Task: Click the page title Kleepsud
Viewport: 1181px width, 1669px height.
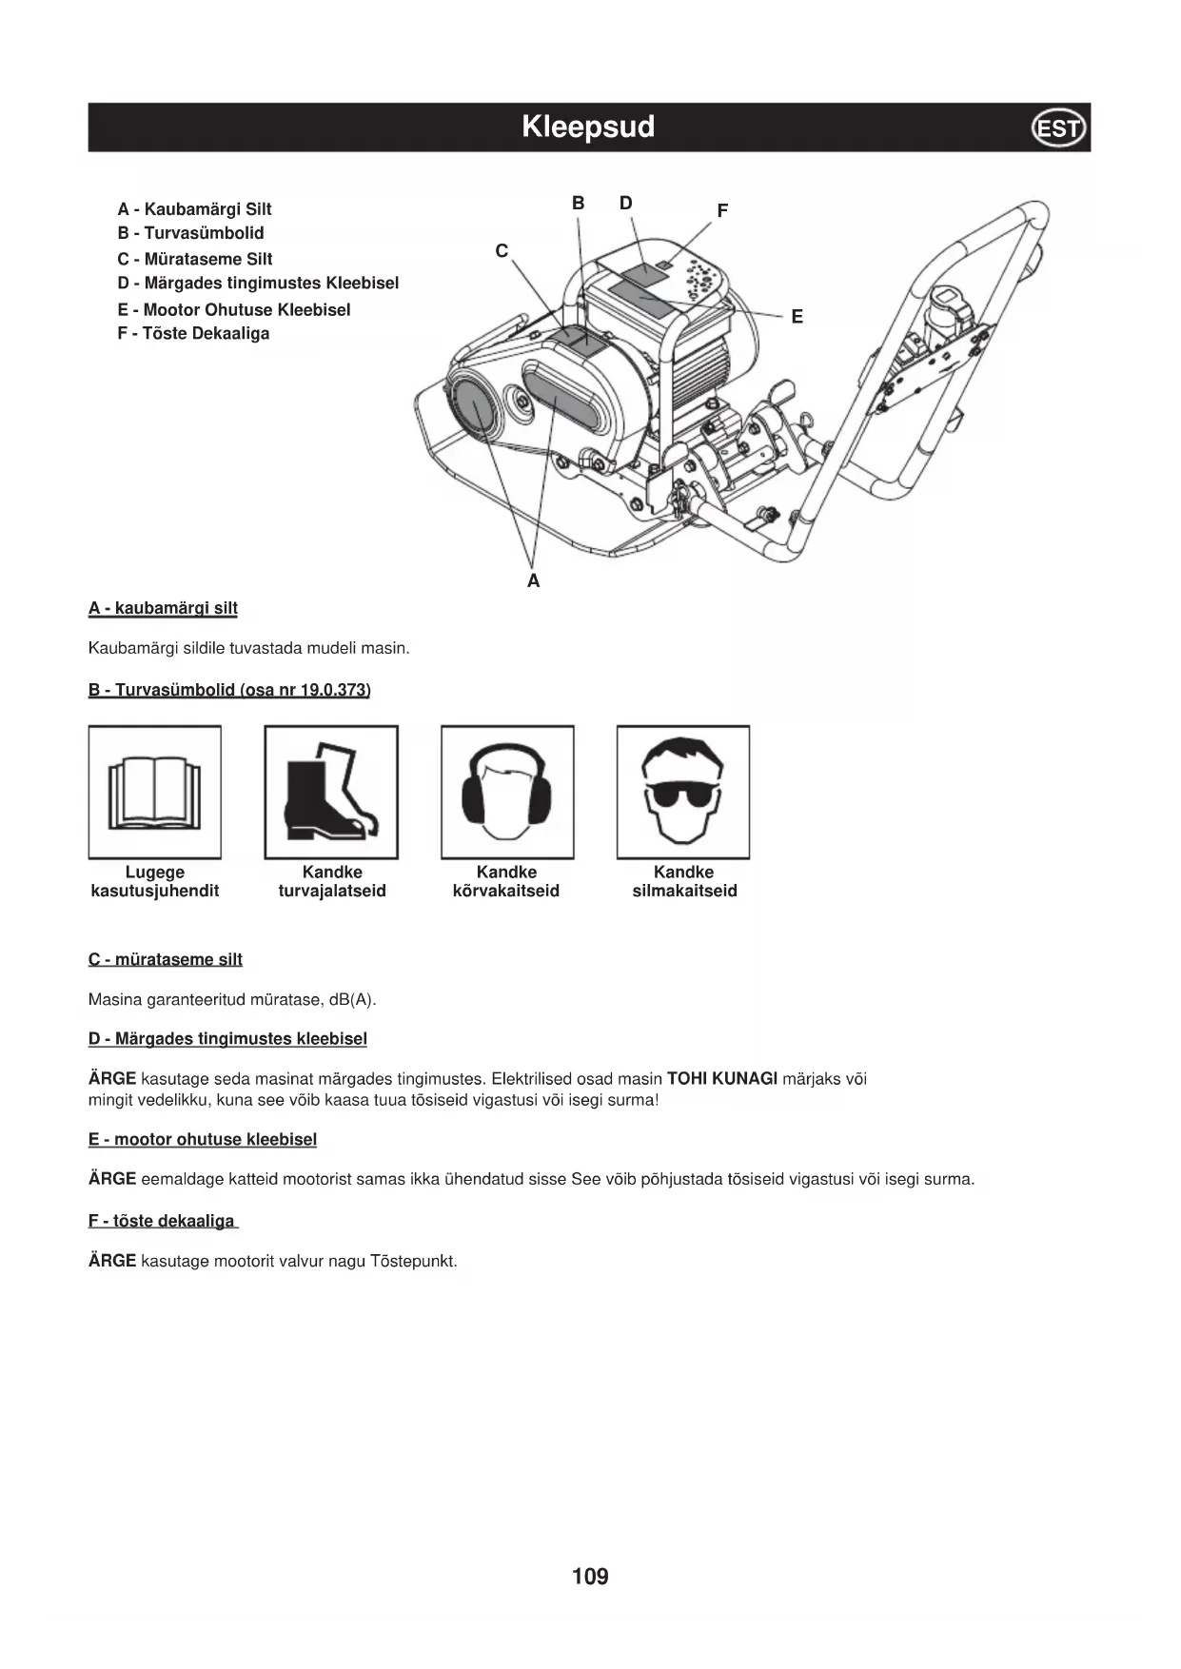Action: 588,127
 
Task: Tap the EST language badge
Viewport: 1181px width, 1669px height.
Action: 1058,128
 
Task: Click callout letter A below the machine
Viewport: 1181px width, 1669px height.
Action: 533,580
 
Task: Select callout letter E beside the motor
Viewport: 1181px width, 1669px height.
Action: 797,317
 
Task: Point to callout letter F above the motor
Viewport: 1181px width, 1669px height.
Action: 722,210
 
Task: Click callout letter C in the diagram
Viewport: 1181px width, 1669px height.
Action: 502,251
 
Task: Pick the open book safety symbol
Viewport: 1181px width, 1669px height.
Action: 155,793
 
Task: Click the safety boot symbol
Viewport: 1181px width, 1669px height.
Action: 331,793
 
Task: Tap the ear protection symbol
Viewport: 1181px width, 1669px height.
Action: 507,793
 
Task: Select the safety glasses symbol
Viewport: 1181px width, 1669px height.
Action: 683,793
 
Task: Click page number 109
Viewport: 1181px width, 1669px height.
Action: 590,1577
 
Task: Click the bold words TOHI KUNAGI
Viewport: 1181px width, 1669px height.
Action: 722,1078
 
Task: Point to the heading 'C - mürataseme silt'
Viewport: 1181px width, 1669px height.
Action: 166,959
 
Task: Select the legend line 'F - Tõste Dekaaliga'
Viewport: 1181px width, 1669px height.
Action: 193,333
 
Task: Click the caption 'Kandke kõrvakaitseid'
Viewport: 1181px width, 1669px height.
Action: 506,881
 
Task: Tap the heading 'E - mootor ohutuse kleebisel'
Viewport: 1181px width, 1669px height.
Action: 203,1139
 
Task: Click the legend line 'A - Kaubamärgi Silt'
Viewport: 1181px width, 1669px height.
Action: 194,209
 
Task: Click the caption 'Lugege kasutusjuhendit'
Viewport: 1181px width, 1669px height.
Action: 155,881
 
